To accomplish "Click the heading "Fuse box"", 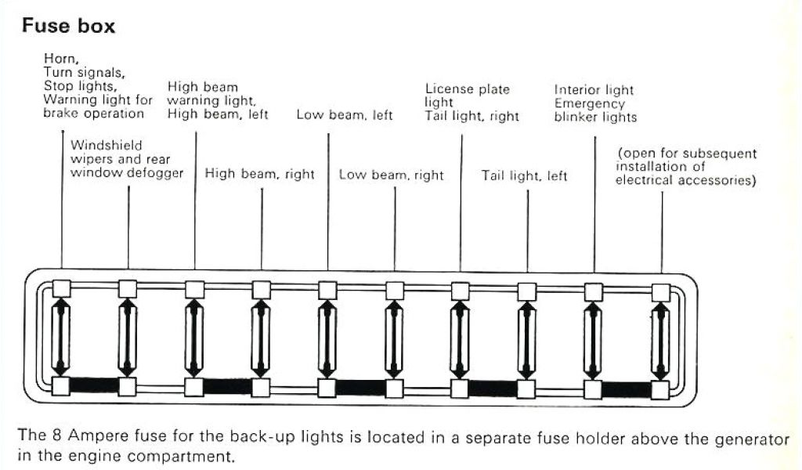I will click(68, 27).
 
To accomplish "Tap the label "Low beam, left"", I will click(345, 115).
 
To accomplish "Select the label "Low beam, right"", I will click(391, 175).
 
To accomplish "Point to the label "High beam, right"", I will click(259, 175).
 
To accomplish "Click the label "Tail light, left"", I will click(524, 176).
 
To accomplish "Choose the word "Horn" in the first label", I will click(60, 58).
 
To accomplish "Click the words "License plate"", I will click(468, 89).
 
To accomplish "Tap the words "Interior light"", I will click(594, 89).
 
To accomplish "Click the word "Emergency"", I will click(590, 103).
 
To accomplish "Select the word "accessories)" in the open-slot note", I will click(718, 182).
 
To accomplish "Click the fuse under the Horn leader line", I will click(61, 338).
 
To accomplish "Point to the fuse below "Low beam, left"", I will click(327, 338).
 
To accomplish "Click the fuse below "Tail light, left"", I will click(527, 338).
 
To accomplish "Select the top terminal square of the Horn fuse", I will click(61, 288).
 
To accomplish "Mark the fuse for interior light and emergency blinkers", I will click(594, 338).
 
